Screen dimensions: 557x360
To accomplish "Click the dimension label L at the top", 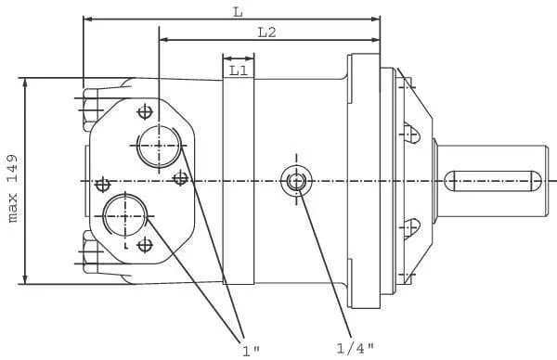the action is click(238, 12).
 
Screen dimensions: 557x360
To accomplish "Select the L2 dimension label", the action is click(266, 32).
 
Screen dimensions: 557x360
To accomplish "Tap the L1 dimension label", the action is click(238, 71).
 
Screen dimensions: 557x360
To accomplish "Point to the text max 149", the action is click(13, 188).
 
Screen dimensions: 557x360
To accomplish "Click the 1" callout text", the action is click(251, 351).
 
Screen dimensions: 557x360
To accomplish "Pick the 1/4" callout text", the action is click(355, 348).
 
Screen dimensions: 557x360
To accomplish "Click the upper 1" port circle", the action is click(159, 146).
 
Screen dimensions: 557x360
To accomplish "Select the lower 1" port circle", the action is click(125, 215).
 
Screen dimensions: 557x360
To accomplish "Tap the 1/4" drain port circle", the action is click(297, 181).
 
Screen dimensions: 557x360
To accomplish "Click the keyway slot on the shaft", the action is click(493, 181).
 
